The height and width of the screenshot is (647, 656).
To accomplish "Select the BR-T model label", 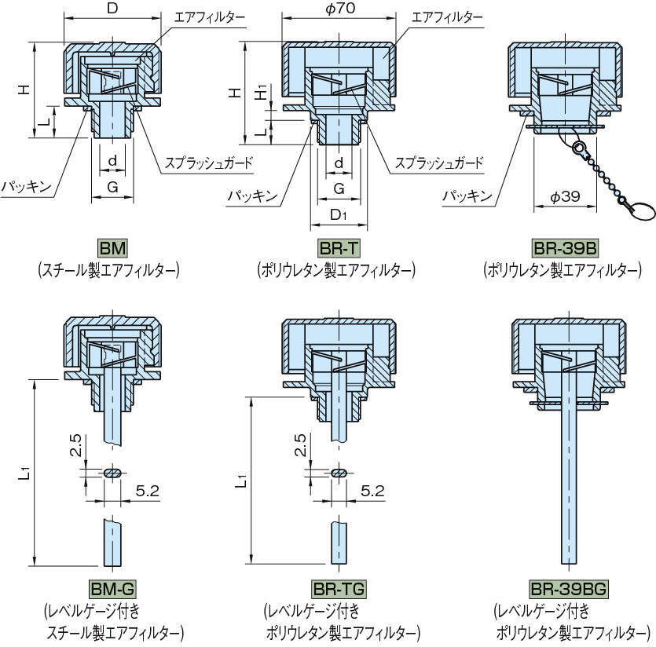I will pos(339,248).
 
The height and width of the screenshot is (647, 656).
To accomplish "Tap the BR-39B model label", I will pos(564,248).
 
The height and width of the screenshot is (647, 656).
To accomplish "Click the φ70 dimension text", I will pos(339,10).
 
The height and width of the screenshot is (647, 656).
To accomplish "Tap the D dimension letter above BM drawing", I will pos(112,9).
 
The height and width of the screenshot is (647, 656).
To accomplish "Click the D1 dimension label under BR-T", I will pos(339,214).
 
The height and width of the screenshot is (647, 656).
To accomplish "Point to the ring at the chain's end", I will pos(638,210).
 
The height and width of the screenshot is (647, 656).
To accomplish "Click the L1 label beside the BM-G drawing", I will pos(26,472).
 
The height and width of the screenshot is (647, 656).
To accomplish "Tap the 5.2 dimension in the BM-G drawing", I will pos(148,490).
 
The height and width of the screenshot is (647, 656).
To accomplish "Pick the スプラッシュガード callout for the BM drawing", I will pos(209,163).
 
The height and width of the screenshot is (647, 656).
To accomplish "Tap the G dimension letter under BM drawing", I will pos(113,188).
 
